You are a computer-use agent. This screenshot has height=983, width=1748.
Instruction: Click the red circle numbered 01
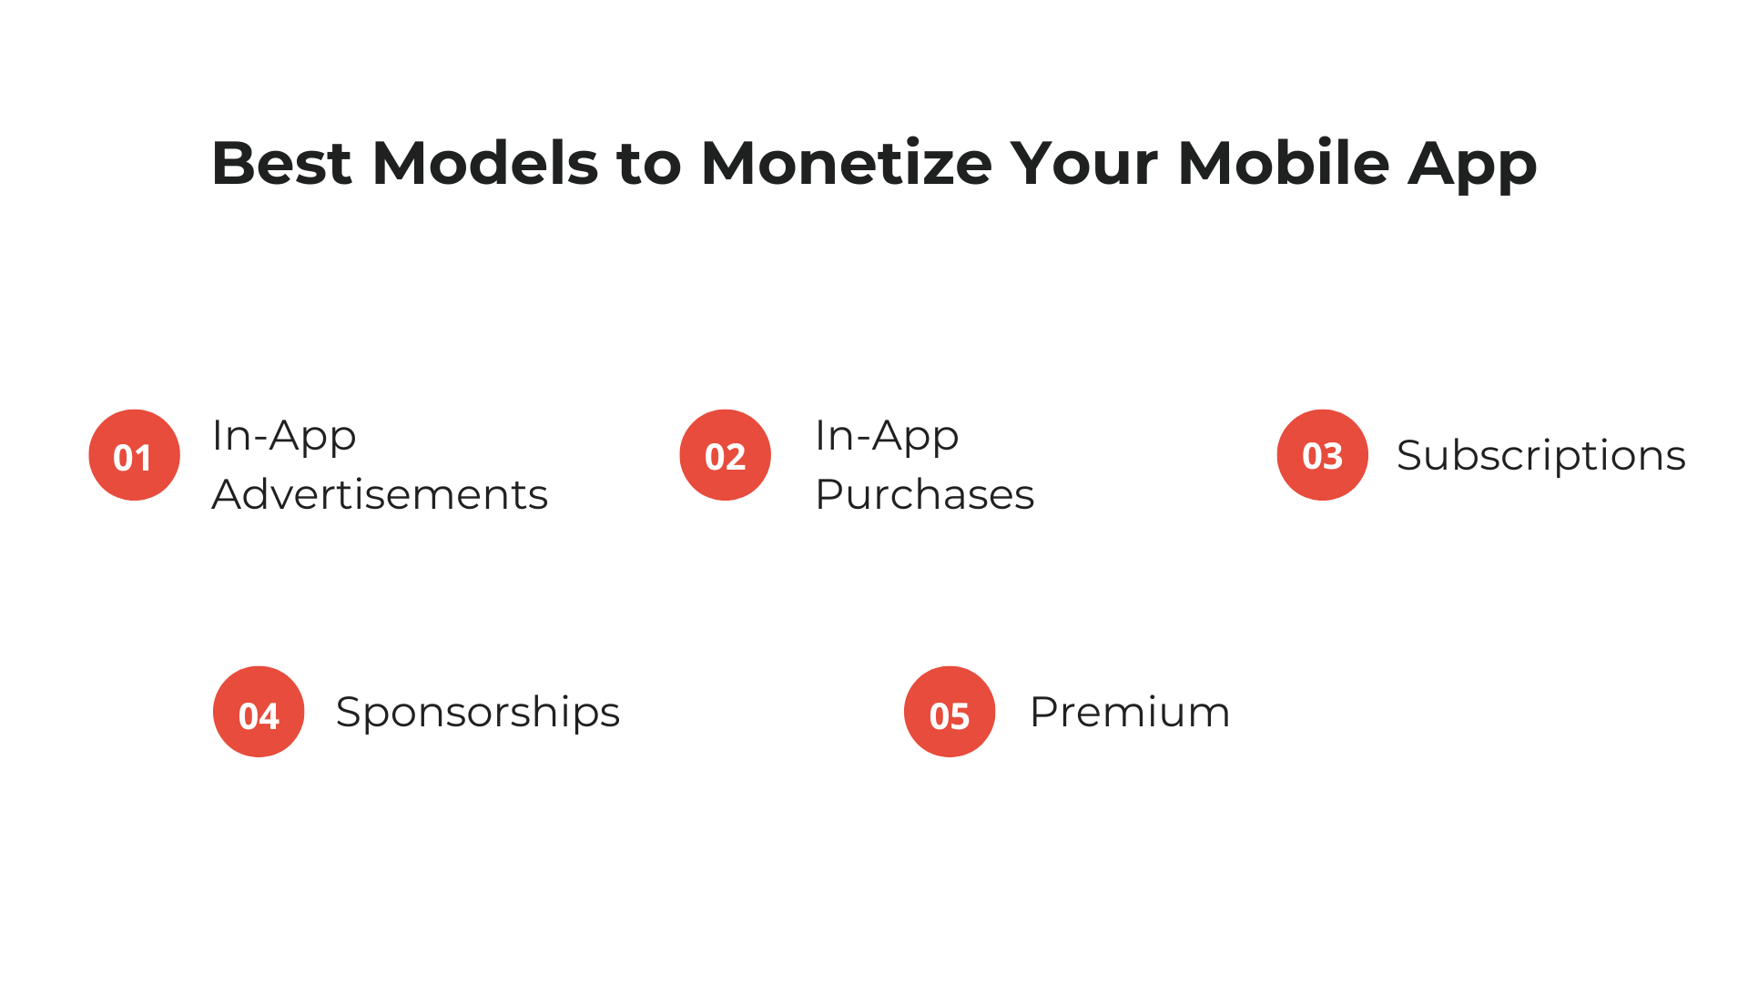click(134, 455)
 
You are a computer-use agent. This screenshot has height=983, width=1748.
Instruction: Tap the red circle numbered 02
click(725, 455)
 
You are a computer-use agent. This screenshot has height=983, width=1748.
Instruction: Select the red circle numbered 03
click(1322, 455)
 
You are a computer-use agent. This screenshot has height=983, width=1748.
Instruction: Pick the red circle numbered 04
click(259, 712)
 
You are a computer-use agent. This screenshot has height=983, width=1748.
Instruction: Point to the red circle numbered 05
click(950, 712)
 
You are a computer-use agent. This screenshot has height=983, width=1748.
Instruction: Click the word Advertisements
click(380, 495)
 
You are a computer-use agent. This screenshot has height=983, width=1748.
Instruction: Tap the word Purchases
click(924, 495)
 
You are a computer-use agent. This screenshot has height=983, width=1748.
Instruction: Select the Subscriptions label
click(1540, 456)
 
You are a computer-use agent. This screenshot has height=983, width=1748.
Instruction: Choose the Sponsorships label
click(477, 712)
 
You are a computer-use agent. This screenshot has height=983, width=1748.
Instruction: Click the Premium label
click(1129, 712)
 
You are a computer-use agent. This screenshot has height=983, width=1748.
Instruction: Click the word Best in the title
click(281, 164)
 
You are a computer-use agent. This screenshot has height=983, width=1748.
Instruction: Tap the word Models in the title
click(485, 164)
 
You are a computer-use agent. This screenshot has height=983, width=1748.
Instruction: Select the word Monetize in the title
click(846, 164)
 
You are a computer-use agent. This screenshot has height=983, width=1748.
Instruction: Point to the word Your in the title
click(1083, 164)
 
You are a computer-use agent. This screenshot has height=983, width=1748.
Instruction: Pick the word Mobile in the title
click(1283, 164)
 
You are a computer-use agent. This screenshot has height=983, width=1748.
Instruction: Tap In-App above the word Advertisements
click(284, 436)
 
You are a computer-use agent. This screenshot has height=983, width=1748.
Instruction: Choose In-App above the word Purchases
click(887, 436)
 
